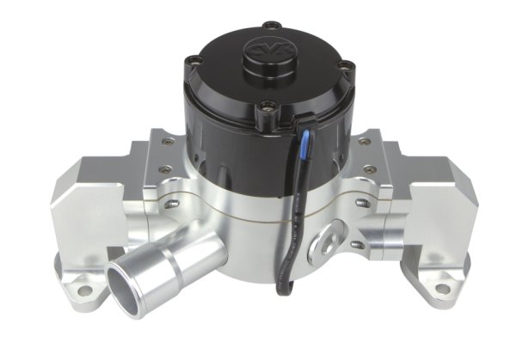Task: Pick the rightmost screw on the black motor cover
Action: coord(347,64)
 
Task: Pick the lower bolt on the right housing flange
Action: coord(359,230)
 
